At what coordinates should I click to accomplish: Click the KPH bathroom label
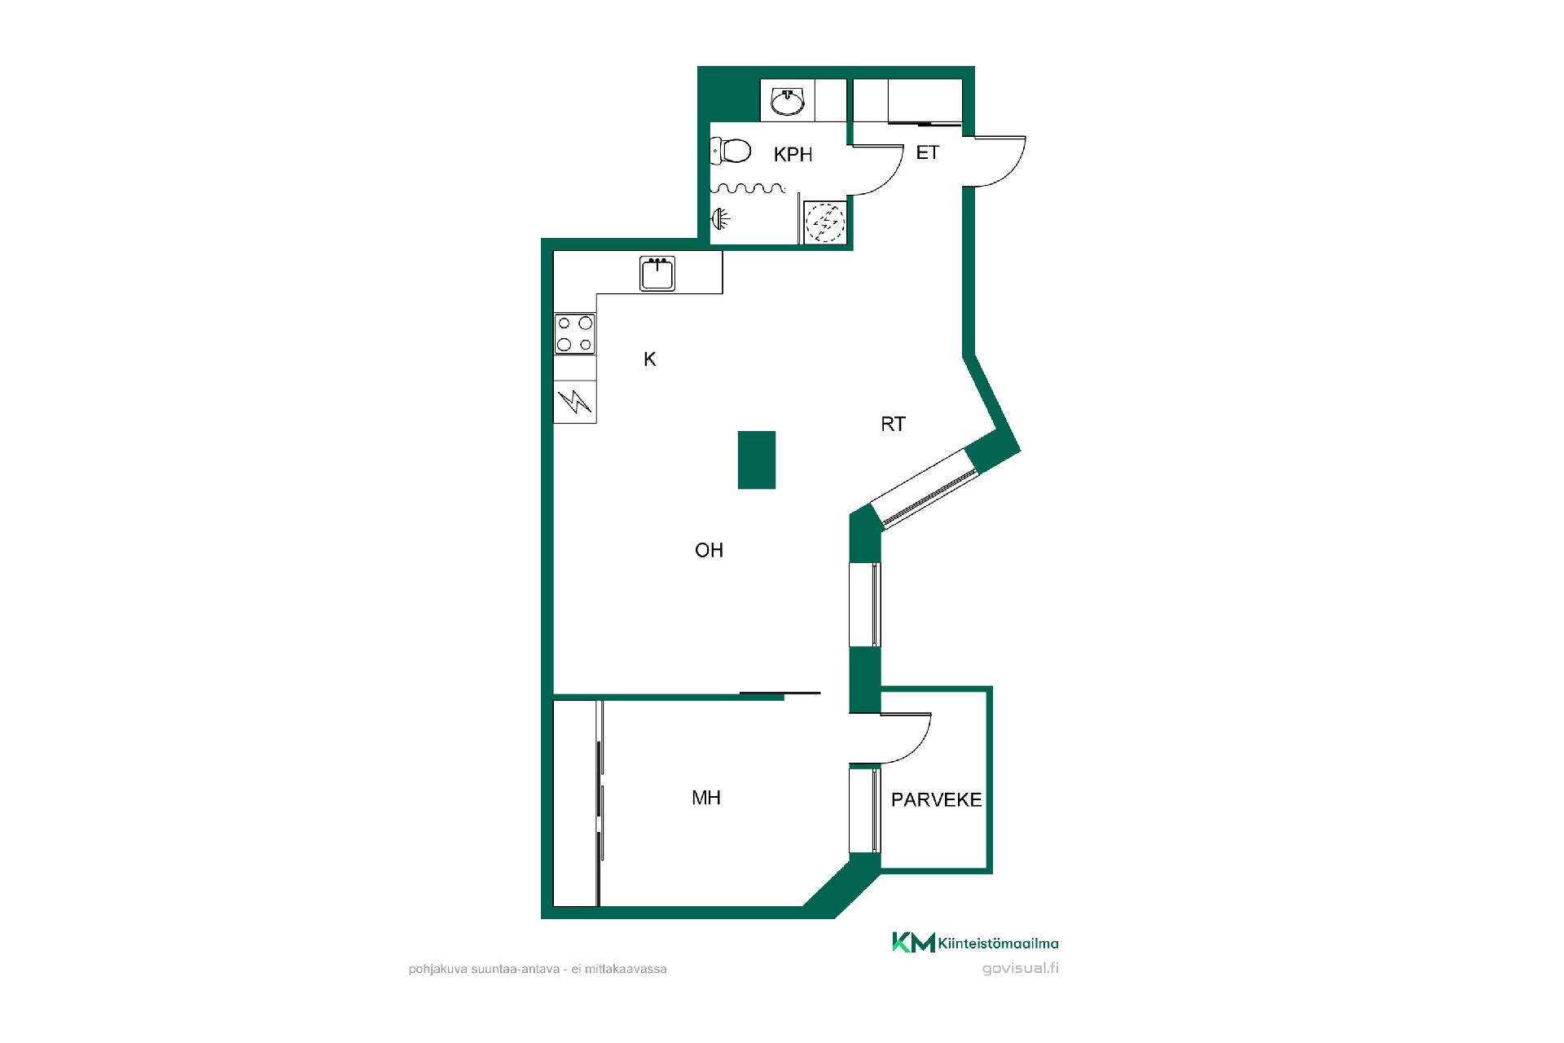pos(793,154)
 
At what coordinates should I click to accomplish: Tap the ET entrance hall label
pos(927,152)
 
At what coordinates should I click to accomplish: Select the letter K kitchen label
pos(650,359)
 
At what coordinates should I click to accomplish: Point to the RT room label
pos(893,424)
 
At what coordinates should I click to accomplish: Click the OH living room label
pos(709,550)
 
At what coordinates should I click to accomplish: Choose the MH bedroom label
pos(706,798)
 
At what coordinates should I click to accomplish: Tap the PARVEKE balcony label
pos(936,800)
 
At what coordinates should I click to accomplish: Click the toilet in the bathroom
pos(731,151)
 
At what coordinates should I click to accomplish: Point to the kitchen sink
pos(657,274)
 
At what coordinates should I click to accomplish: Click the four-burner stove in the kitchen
pos(574,334)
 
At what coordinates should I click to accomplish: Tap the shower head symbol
pos(720,218)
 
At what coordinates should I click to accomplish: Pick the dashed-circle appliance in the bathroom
pos(825,222)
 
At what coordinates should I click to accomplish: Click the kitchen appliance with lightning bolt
pos(575,401)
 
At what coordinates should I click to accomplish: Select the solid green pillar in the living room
pos(757,460)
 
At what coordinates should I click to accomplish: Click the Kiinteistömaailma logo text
pos(998,944)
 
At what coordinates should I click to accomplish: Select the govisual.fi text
pos(1020,969)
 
